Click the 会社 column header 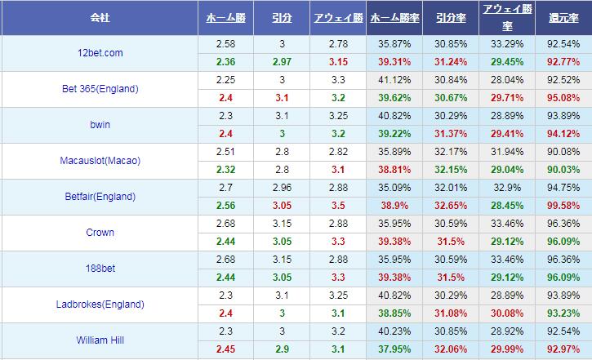point(99,17)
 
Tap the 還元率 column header point(563,17)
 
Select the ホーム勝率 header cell point(394,17)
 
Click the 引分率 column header point(451,17)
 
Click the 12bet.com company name point(99,53)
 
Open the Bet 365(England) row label point(99,89)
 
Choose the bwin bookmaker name point(99,125)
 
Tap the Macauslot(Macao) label point(99,161)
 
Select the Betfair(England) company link point(99,197)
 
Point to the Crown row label point(99,233)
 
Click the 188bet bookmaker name point(99,269)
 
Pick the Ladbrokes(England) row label point(99,304)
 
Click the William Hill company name point(99,340)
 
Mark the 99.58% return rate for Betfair point(563,206)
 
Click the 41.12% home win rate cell point(394,80)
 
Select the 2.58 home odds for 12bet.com point(226,44)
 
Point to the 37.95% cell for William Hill point(394,349)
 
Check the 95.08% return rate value point(563,98)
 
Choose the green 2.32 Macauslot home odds point(226,170)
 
